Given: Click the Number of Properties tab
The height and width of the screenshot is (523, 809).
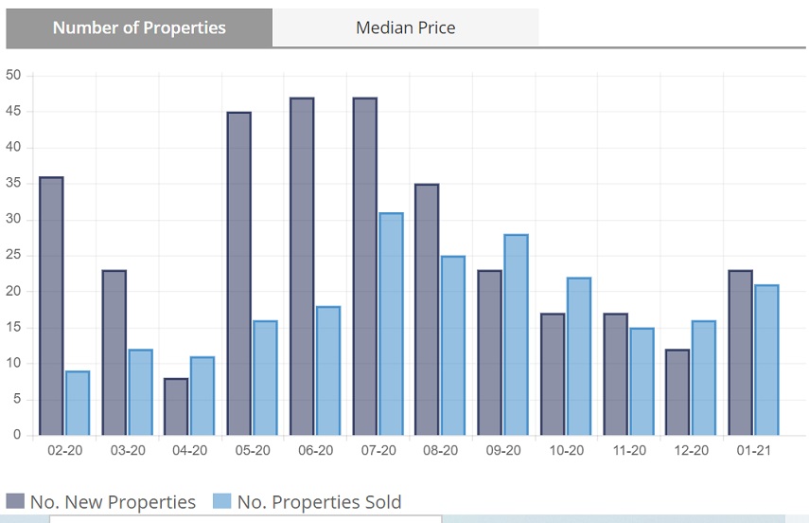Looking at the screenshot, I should click(139, 27).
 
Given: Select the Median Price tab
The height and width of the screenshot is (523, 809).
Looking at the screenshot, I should click(405, 27).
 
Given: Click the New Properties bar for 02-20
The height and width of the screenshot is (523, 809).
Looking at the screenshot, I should click(51, 306).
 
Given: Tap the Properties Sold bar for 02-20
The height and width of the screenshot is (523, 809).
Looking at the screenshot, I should click(78, 404).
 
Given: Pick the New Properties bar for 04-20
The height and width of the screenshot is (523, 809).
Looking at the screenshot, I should click(176, 407).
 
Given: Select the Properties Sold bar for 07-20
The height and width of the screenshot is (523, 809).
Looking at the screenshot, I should click(391, 324).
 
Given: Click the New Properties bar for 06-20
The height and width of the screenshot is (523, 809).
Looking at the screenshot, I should click(302, 266).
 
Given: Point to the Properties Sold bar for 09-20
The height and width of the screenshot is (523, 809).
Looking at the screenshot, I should click(516, 334).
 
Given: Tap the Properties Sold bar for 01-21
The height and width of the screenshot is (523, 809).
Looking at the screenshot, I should click(766, 360).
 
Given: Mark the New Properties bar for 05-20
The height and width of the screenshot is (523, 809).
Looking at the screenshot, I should click(239, 274).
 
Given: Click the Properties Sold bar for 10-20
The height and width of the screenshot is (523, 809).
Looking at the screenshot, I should click(578, 356).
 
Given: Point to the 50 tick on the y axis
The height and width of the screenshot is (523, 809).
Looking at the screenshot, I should click(13, 76).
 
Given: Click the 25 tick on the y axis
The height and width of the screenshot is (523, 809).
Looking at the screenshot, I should click(13, 256).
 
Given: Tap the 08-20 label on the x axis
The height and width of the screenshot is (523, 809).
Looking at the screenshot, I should click(440, 451).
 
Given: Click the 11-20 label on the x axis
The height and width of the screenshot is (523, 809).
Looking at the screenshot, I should click(628, 451).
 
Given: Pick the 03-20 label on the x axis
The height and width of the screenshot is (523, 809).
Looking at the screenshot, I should click(127, 451).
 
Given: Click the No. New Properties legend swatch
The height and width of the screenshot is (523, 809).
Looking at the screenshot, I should click(15, 501).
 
